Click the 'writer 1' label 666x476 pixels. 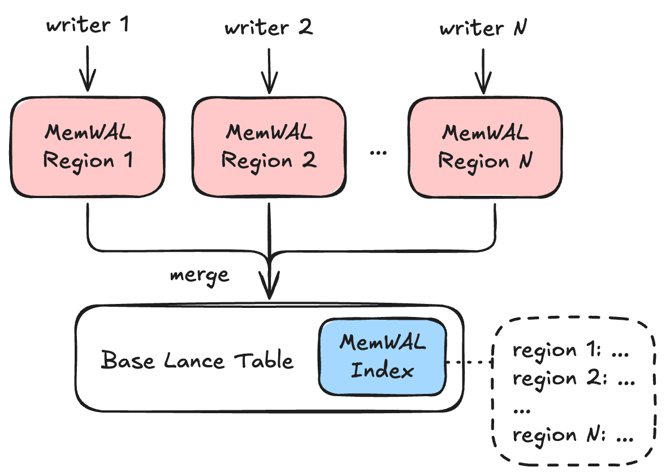point(88,26)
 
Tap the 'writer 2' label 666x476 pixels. point(269,27)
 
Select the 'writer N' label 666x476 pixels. point(483,27)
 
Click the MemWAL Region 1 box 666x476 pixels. point(88,147)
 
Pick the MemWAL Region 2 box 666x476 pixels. point(269,147)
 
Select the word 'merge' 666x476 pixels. point(200,275)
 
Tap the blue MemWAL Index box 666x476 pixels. point(382,357)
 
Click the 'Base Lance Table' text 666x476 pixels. point(197,361)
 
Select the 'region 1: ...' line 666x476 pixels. point(570,350)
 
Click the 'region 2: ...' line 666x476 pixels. point(570,378)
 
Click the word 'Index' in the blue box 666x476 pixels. point(382,371)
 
